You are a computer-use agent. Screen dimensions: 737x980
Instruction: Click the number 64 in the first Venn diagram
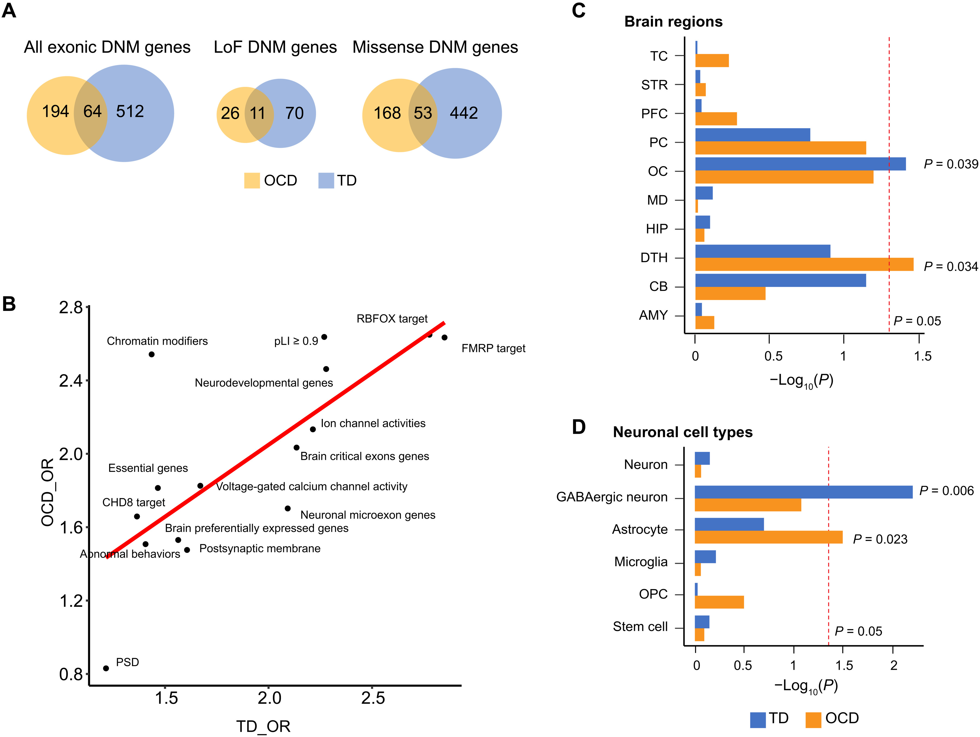click(92, 111)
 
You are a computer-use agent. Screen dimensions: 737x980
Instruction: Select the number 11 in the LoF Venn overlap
click(258, 114)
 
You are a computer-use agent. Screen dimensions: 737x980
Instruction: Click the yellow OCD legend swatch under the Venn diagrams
click(252, 181)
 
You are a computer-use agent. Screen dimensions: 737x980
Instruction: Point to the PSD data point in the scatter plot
click(106, 668)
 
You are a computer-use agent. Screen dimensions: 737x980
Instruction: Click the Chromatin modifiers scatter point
click(152, 354)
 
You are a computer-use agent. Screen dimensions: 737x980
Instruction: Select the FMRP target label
click(493, 348)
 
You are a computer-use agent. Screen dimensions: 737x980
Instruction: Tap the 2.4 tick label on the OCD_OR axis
click(71, 381)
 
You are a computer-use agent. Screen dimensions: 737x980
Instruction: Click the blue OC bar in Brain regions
click(800, 164)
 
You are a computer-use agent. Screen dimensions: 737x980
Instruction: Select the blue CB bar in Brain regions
click(780, 280)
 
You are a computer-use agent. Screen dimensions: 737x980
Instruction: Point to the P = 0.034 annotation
click(950, 266)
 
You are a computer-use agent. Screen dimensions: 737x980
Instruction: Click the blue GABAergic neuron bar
click(803, 492)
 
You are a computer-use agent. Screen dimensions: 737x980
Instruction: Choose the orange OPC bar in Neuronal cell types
click(719, 602)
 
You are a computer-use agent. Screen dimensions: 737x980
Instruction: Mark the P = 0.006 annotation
click(946, 491)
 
